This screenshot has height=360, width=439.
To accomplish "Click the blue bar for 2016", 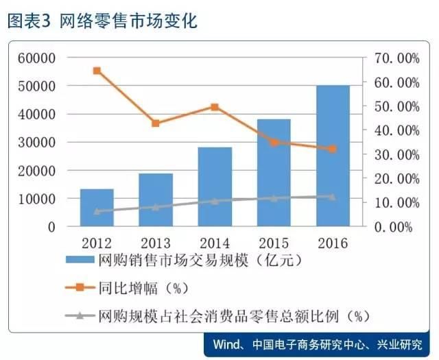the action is (x=333, y=156).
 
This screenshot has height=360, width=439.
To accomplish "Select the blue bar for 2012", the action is (x=97, y=208).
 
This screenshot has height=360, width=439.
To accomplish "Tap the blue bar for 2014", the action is (x=215, y=187).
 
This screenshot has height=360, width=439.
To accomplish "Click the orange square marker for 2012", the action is (x=97, y=71).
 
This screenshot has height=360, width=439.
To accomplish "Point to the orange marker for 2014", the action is (x=215, y=107).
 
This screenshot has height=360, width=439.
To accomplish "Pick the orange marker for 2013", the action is (x=156, y=123).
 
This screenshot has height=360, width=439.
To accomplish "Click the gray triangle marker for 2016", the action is (x=332, y=197).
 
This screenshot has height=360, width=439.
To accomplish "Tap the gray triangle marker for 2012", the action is (x=97, y=211).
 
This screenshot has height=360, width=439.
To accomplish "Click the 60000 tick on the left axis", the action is (x=36, y=58).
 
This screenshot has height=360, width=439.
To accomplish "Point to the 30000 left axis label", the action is (x=36, y=143).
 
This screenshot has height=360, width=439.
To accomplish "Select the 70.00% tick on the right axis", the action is (x=397, y=58).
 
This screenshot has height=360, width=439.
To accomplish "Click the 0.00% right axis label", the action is (x=393, y=227).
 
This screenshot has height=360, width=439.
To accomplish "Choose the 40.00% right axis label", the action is (x=397, y=131).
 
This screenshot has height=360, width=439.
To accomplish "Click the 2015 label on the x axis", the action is (x=274, y=243).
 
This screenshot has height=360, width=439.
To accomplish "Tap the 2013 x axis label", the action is (x=156, y=243).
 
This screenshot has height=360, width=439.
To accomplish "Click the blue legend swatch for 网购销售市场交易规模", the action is (x=80, y=259).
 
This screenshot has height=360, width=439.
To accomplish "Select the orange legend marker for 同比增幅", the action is (x=80, y=287).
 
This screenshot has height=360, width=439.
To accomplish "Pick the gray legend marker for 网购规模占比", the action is (x=80, y=315).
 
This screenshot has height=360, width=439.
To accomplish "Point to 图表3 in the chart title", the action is (x=29, y=21).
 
